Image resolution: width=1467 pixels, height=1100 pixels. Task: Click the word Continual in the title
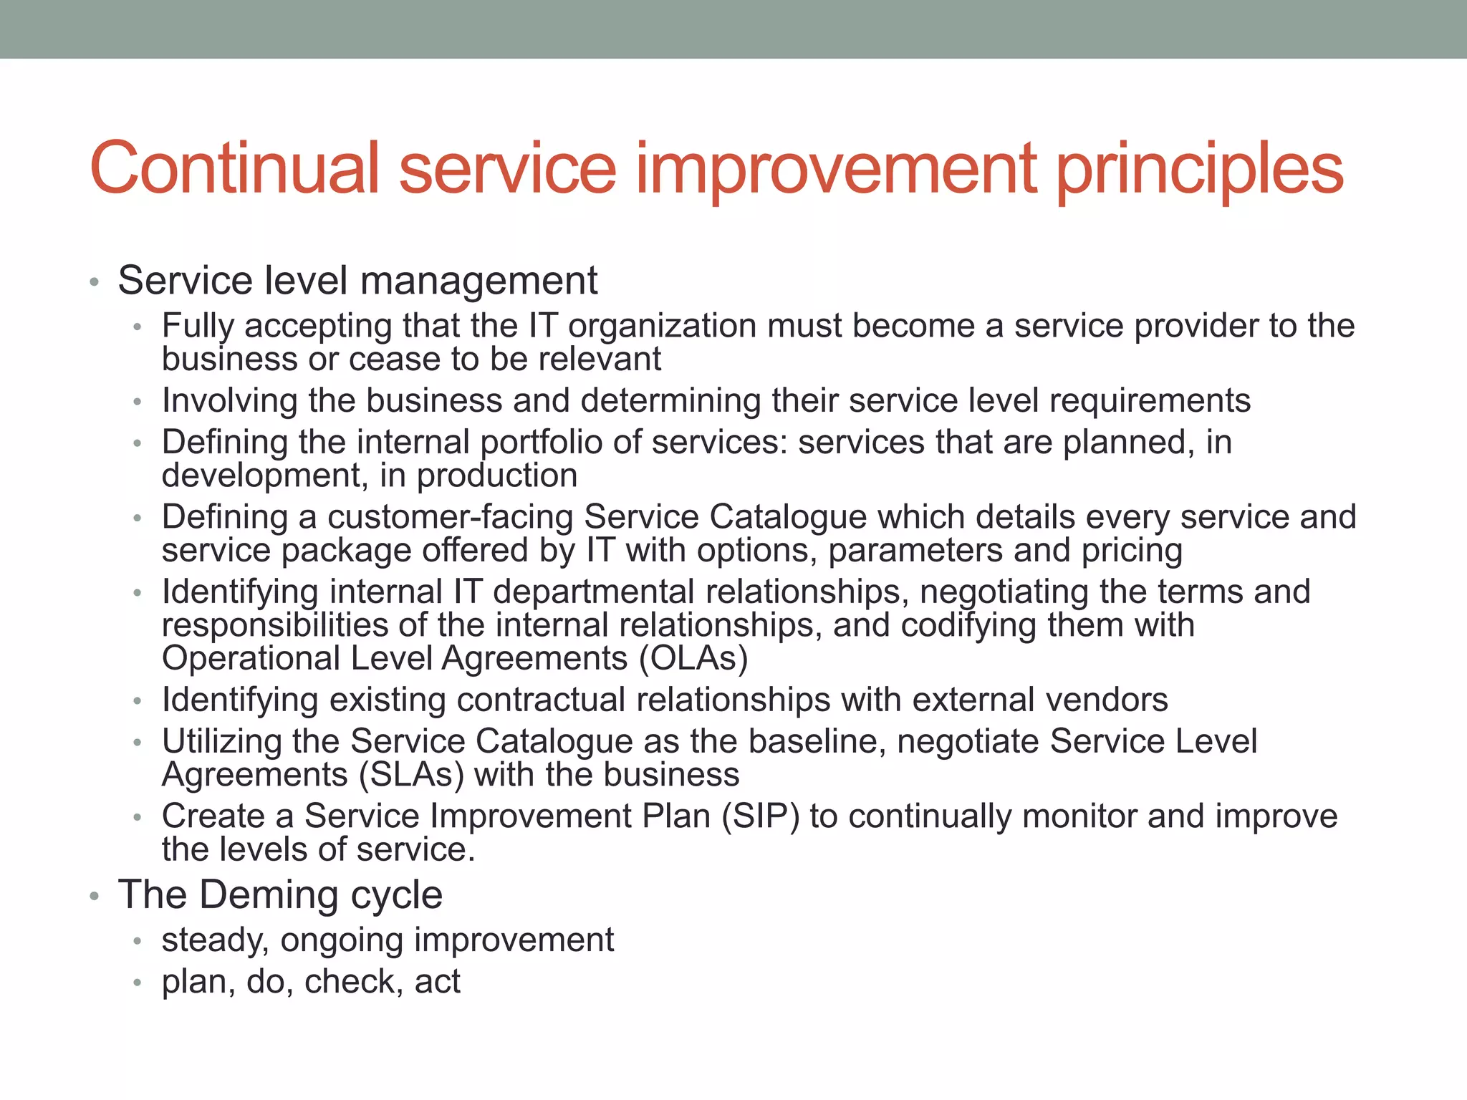[234, 168]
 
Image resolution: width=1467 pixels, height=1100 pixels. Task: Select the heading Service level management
[357, 280]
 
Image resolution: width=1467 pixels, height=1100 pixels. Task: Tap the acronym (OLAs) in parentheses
[693, 658]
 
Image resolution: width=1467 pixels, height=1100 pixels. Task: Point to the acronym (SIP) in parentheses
[760, 816]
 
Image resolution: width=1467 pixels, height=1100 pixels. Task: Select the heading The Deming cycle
[280, 894]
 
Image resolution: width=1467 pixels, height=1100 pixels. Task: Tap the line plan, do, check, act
[310, 981]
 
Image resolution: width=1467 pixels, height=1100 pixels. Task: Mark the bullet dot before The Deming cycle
[94, 897]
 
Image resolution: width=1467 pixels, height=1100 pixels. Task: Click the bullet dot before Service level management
[94, 282]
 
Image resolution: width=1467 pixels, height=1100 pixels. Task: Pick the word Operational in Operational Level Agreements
[251, 658]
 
